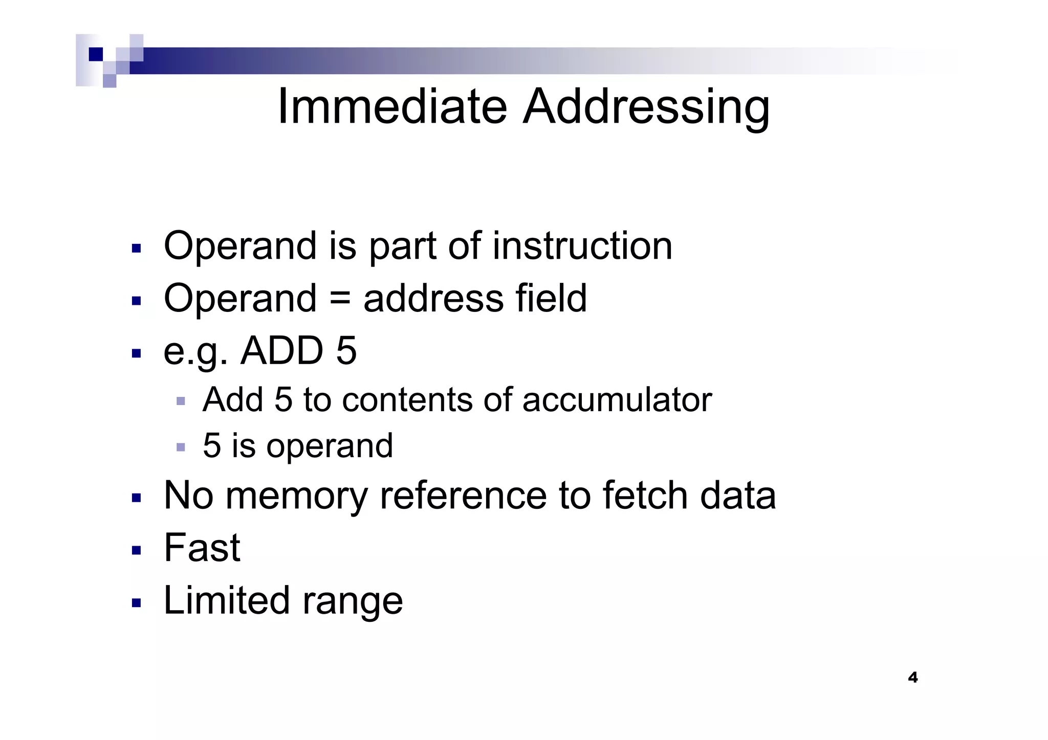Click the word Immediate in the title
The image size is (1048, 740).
(x=392, y=107)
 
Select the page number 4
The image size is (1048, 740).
(x=912, y=678)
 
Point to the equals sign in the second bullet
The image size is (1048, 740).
(x=340, y=299)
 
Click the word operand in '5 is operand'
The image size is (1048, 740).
(x=330, y=446)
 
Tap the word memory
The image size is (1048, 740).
(x=296, y=496)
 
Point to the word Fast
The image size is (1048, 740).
(x=202, y=548)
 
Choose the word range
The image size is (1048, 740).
(x=353, y=601)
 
